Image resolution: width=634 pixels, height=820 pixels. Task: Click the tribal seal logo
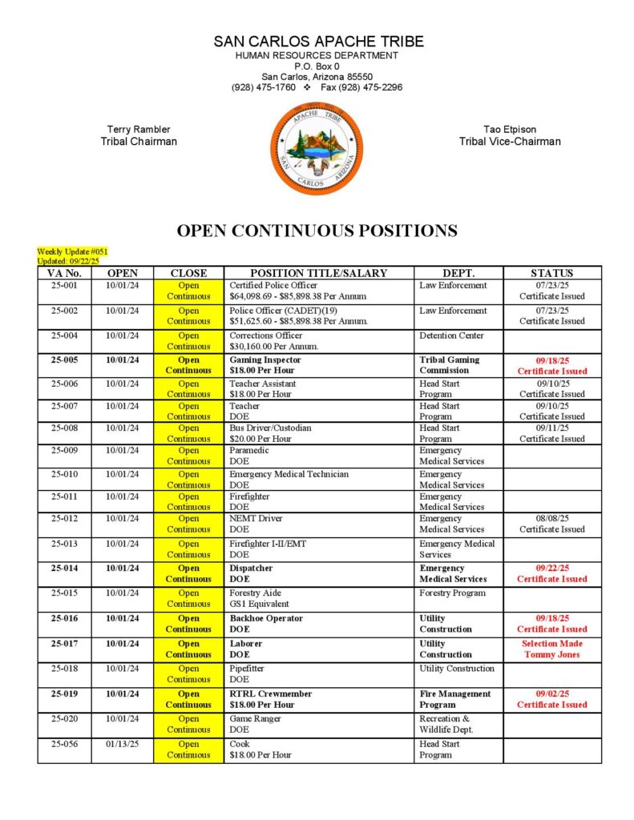(x=316, y=149)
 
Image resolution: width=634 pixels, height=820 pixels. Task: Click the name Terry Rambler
(x=139, y=129)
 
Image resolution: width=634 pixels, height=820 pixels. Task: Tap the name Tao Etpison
(x=510, y=129)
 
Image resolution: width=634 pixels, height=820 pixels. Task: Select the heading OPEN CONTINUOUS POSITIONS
(x=317, y=231)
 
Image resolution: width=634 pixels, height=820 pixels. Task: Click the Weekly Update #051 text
(x=72, y=251)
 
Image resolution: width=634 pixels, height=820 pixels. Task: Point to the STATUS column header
(x=551, y=273)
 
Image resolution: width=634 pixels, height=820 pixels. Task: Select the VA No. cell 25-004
(x=64, y=336)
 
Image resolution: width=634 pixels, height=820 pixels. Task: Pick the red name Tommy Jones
(x=551, y=654)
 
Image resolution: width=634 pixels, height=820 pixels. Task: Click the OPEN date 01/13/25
(x=122, y=744)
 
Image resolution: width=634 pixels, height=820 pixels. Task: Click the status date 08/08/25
(x=551, y=518)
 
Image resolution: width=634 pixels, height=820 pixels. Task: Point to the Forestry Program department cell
(x=452, y=593)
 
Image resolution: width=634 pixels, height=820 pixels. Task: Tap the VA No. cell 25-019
(x=64, y=693)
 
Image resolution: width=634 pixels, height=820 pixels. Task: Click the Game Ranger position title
(x=256, y=718)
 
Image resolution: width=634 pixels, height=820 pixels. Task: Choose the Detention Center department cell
(x=451, y=336)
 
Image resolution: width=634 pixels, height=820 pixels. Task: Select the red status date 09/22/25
(x=551, y=568)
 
